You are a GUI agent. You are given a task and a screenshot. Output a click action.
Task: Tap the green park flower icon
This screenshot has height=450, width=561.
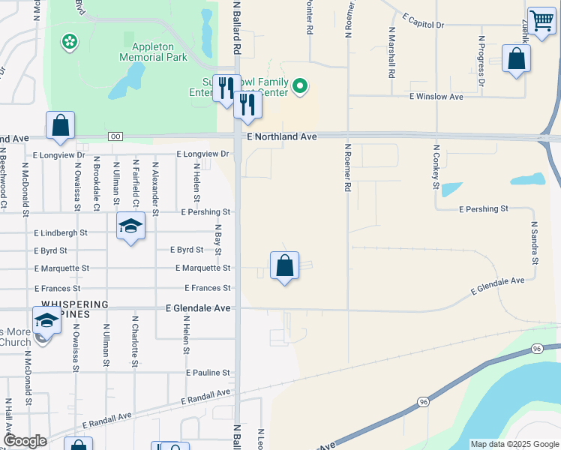[69, 42]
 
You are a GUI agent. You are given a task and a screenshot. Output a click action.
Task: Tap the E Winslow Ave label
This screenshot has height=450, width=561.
[436, 97]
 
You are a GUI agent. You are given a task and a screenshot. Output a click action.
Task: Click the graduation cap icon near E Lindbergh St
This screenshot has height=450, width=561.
[130, 226]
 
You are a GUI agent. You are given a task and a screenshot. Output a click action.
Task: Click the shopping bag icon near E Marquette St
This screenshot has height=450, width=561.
[284, 265]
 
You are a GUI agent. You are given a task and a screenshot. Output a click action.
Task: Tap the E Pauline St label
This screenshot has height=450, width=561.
[208, 373]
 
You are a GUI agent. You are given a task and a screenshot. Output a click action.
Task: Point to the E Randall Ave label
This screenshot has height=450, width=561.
[107, 416]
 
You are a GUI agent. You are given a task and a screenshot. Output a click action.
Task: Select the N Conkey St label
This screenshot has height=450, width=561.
[434, 169]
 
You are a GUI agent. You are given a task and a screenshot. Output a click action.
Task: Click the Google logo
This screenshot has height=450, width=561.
[25, 441]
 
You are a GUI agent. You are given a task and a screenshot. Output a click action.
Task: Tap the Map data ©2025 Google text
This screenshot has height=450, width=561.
[514, 444]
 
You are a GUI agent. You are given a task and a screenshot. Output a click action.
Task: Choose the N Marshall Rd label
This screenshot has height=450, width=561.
[391, 53]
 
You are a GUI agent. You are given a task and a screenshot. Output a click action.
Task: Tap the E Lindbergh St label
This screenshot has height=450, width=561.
[60, 232]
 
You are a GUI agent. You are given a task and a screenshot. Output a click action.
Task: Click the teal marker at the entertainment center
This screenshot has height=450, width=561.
[300, 87]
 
